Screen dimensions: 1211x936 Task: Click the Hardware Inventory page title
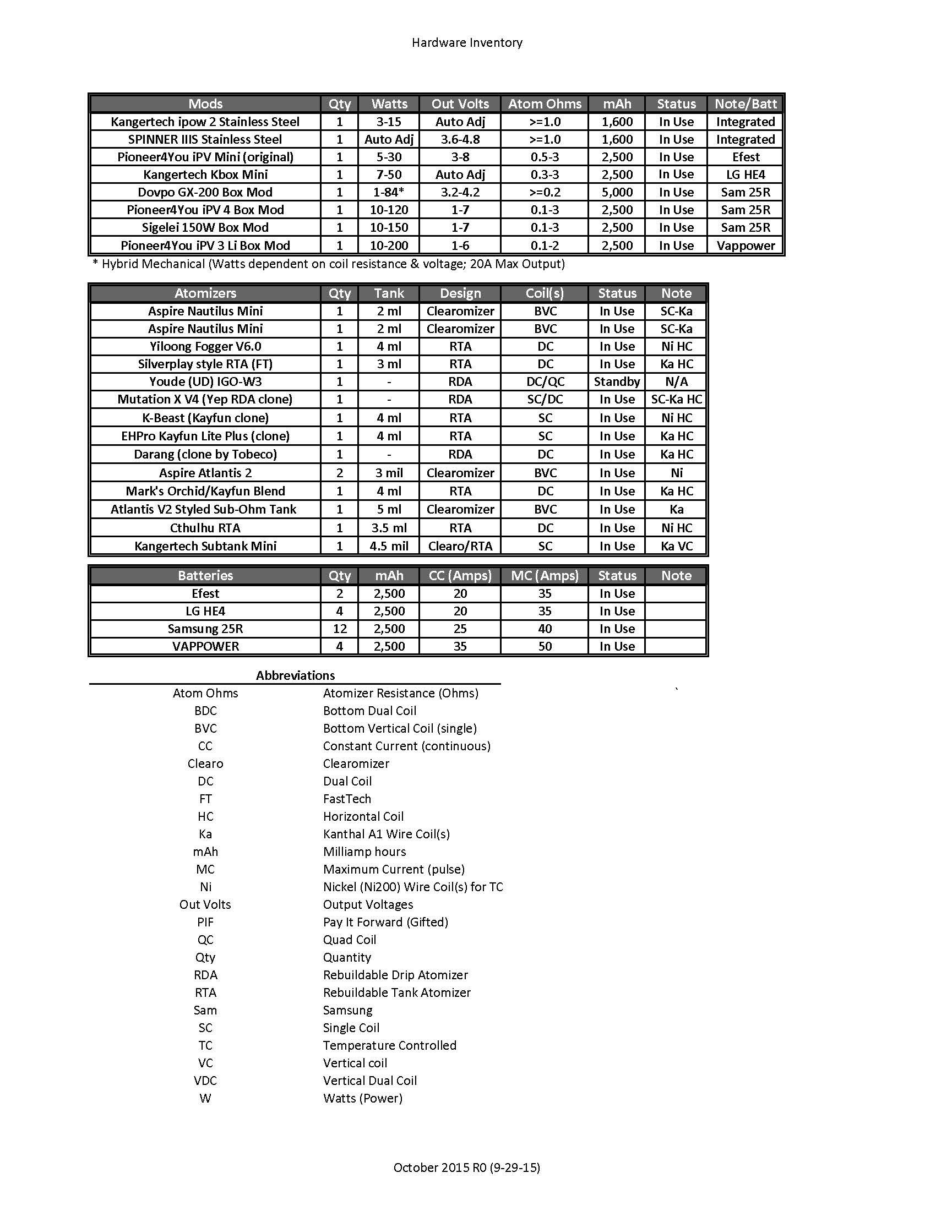tap(467, 43)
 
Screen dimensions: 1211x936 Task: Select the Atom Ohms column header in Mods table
tap(545, 103)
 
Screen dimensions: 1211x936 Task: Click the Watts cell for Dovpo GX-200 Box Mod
tap(389, 193)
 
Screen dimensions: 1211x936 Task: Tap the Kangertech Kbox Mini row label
tap(205, 174)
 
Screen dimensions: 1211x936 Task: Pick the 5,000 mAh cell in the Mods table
tap(617, 193)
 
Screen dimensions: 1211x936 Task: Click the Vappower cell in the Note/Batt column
tap(745, 246)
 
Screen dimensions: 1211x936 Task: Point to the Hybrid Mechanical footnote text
tap(328, 264)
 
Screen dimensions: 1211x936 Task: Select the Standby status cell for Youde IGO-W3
tap(617, 381)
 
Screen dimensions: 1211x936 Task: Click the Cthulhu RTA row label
tap(205, 528)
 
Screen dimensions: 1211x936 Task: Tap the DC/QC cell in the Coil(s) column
tap(545, 381)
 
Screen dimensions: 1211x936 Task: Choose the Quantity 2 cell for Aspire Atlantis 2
tap(339, 473)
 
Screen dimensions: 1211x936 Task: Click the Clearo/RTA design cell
tap(460, 546)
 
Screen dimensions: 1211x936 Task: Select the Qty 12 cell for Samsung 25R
tap(339, 629)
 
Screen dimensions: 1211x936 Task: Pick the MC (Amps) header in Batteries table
tap(545, 576)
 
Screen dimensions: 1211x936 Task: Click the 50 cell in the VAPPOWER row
tap(545, 647)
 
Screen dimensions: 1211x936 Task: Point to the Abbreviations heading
tap(295, 675)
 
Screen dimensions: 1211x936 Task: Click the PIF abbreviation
tap(205, 922)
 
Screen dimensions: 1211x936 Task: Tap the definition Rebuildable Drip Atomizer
tap(395, 975)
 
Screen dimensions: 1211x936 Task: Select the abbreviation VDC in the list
tap(205, 1081)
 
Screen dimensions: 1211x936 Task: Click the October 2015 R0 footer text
tap(467, 1168)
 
